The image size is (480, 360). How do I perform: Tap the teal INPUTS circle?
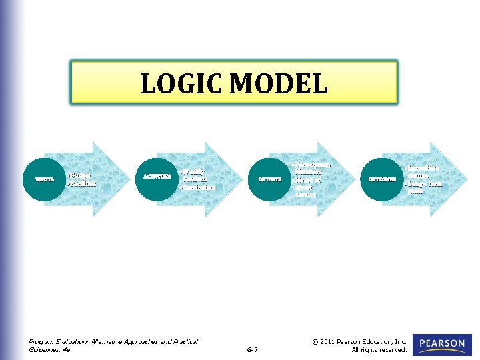click(x=45, y=179)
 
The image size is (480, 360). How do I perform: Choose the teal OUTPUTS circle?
click(x=270, y=179)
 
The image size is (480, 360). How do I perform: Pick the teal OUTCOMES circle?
click(x=382, y=179)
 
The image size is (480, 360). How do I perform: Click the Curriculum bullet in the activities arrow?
click(x=199, y=187)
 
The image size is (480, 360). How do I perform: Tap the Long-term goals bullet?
click(x=424, y=187)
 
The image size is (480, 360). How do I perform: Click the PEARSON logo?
click(x=442, y=344)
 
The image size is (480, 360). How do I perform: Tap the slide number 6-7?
click(x=252, y=350)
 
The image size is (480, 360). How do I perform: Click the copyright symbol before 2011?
click(x=315, y=342)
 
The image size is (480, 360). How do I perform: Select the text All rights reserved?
click(x=379, y=350)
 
